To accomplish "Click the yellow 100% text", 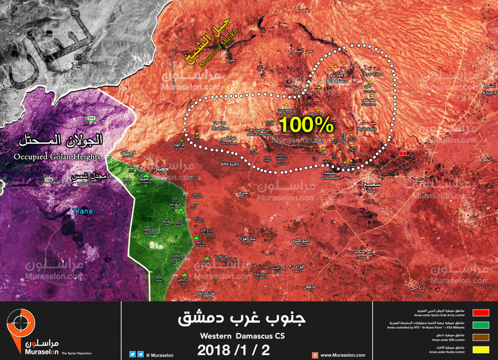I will [x=306, y=125].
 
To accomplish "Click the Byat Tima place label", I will [x=373, y=74].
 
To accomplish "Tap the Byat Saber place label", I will [x=368, y=129].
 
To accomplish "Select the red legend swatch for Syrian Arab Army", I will [x=481, y=313].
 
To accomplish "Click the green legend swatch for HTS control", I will [x=481, y=325].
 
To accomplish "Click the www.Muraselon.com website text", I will [x=340, y=354].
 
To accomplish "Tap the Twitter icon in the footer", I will [x=132, y=354].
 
